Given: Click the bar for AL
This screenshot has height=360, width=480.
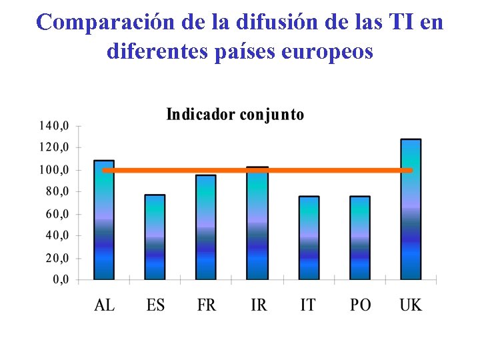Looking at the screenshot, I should point(104,220).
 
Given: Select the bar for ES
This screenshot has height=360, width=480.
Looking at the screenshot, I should point(155,237).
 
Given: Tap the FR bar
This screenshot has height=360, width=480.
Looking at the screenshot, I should point(206,227).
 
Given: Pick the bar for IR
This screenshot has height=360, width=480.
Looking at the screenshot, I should point(257,223).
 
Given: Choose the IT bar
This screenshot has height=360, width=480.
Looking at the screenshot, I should point(309,238).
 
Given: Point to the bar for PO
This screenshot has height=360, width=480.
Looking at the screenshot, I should point(360,238).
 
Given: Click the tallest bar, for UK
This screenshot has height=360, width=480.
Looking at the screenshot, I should point(411,209).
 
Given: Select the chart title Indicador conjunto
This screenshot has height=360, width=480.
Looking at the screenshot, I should point(235,115).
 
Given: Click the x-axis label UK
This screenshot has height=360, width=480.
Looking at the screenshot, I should point(411,305).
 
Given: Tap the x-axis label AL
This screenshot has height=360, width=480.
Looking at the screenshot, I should point(104,305).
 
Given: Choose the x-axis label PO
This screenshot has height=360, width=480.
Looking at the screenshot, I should point(360,305).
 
